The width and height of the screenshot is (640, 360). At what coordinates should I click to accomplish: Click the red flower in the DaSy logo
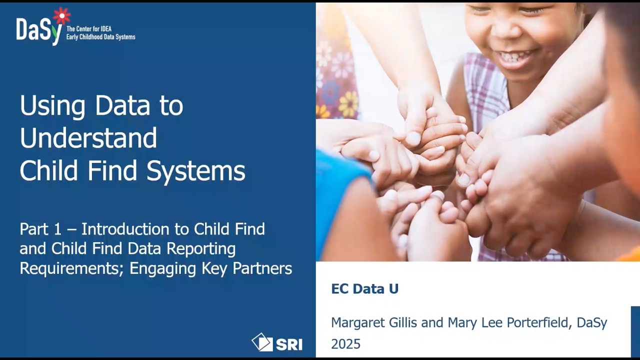(x=61, y=16)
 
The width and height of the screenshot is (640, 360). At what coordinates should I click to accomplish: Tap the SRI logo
(x=277, y=342)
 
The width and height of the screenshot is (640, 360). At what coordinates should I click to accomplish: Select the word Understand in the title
(x=88, y=138)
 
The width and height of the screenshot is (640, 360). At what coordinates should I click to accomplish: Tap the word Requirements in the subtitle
(x=71, y=268)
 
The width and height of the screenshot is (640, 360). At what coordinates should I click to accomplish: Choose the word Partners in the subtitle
(x=260, y=268)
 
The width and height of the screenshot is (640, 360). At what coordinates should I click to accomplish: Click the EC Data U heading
(x=364, y=289)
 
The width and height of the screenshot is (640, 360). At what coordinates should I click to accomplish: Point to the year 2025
(x=345, y=344)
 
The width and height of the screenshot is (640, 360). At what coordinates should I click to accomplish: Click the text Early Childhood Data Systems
(x=100, y=37)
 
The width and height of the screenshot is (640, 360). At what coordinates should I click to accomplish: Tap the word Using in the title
(x=53, y=105)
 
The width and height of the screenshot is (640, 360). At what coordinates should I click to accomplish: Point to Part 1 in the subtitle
(x=40, y=229)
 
